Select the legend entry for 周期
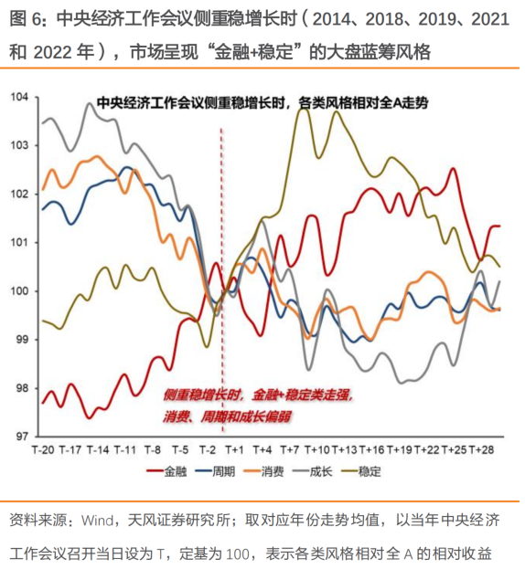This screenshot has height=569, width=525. click(x=224, y=472)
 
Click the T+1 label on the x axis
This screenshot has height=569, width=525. click(x=234, y=450)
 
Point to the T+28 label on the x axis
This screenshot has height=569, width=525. click(x=481, y=450)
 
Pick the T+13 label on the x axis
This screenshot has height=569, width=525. click(x=344, y=450)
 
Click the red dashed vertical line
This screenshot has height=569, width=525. click(x=220, y=274)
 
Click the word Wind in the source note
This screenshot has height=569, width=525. click(x=97, y=522)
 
